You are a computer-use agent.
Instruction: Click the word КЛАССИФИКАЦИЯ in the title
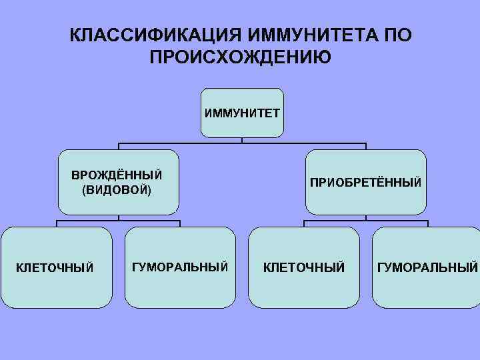(154, 34)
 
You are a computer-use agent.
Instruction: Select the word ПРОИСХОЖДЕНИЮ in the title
(240, 56)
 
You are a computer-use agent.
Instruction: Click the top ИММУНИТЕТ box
(242, 113)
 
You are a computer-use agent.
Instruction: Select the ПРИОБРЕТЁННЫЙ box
(365, 182)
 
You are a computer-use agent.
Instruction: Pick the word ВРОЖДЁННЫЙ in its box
(117, 176)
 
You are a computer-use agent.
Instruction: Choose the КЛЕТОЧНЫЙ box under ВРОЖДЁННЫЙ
(56, 267)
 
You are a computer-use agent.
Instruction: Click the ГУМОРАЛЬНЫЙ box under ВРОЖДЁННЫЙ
(180, 267)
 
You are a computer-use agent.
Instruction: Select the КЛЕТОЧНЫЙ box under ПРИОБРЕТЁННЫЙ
(304, 267)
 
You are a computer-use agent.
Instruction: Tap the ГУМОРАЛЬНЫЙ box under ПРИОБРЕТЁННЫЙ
(427, 267)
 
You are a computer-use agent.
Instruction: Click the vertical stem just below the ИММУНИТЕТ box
(242, 140)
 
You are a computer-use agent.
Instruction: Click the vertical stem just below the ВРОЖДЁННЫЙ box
(119, 217)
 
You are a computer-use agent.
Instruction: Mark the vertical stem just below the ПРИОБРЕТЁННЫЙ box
(365, 217)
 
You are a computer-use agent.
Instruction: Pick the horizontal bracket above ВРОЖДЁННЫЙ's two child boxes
(87, 220)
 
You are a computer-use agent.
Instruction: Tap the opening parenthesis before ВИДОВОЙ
(84, 191)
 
